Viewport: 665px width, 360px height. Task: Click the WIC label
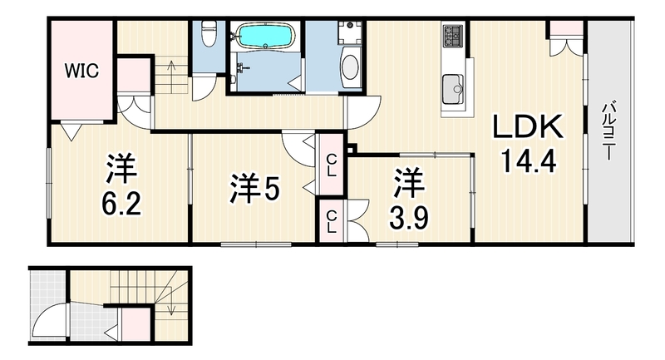[81, 71]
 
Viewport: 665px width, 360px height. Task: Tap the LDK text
[528, 126]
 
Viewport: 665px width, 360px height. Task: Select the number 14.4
[528, 161]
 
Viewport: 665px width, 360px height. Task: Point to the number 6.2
[121, 204]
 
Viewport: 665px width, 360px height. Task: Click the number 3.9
[409, 218]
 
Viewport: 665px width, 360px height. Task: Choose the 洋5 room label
[254, 188]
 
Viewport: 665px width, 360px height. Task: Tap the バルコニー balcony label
[608, 131]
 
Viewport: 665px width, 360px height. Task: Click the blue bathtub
[265, 36]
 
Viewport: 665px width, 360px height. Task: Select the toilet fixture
[208, 33]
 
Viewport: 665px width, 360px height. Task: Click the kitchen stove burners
[452, 36]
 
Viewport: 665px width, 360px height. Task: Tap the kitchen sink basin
[452, 90]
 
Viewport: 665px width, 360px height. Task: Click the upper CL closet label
[331, 165]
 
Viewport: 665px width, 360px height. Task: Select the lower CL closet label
[331, 222]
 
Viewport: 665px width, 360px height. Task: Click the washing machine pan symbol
[350, 32]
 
